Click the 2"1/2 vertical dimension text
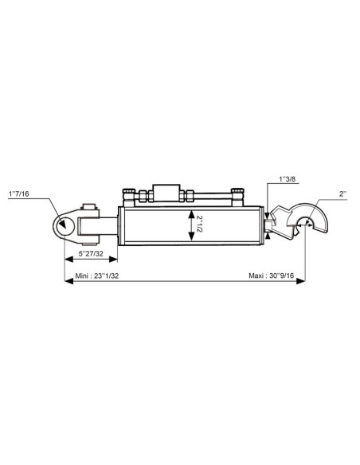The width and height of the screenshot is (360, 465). pyautogui.click(x=201, y=224)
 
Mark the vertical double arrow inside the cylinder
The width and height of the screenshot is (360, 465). pyautogui.click(x=190, y=224)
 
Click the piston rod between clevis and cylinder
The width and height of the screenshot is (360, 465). pyautogui.click(x=108, y=224)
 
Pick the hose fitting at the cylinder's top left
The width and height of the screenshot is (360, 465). pyautogui.click(x=127, y=195)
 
